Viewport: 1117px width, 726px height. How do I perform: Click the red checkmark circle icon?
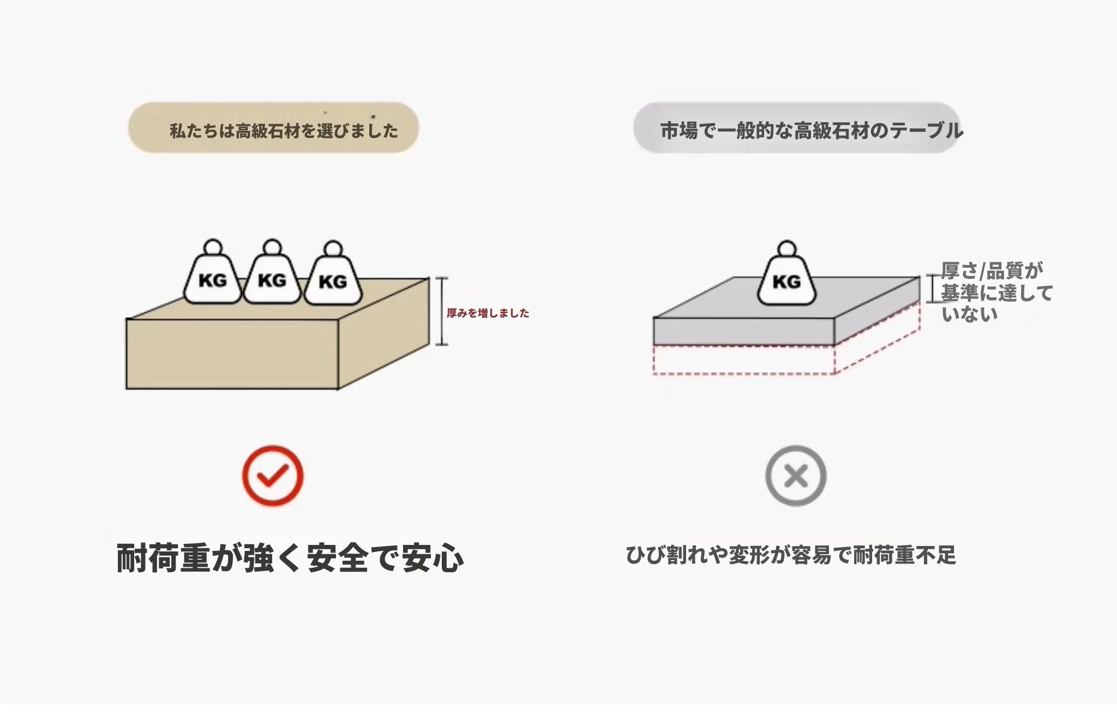click(x=273, y=476)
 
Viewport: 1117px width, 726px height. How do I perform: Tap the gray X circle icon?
click(x=796, y=476)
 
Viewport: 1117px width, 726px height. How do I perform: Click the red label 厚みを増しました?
click(x=488, y=313)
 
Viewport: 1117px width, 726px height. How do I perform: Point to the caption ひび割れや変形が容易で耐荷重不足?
click(x=791, y=555)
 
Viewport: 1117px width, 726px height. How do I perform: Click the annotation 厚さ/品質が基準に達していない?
click(x=996, y=292)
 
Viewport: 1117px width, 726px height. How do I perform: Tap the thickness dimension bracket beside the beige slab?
click(x=442, y=311)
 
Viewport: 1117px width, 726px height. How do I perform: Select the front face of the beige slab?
click(x=232, y=353)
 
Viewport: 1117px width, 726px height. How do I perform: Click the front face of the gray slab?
click(x=744, y=331)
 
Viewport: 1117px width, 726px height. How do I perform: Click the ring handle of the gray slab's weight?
click(x=786, y=248)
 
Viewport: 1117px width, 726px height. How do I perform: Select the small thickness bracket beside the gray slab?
click(x=932, y=289)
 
